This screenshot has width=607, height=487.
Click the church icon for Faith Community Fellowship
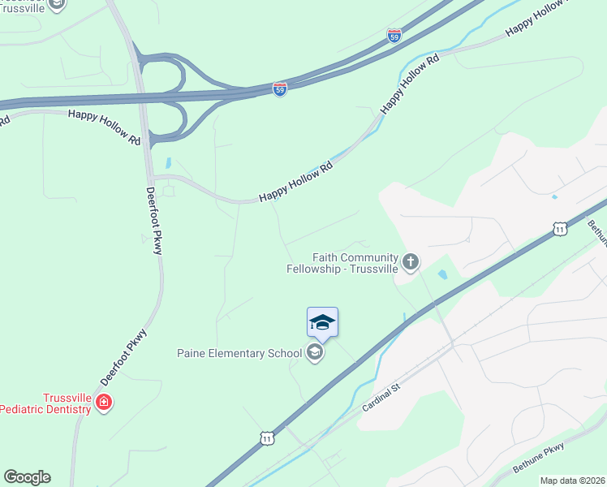[411, 261]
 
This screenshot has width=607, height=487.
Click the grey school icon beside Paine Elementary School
[315, 353]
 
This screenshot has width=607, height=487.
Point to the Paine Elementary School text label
[239, 353]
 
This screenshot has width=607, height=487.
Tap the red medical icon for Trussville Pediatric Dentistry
[103, 402]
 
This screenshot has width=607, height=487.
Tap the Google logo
[27, 477]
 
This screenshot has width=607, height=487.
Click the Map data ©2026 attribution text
[572, 481]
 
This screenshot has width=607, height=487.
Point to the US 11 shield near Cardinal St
[267, 438]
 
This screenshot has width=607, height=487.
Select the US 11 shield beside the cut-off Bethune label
[560, 230]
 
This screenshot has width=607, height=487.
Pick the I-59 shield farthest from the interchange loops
[394, 36]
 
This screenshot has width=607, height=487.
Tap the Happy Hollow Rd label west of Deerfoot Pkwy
[104, 127]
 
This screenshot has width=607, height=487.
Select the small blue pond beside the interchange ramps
[169, 162]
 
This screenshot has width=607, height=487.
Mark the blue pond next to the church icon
[442, 274]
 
